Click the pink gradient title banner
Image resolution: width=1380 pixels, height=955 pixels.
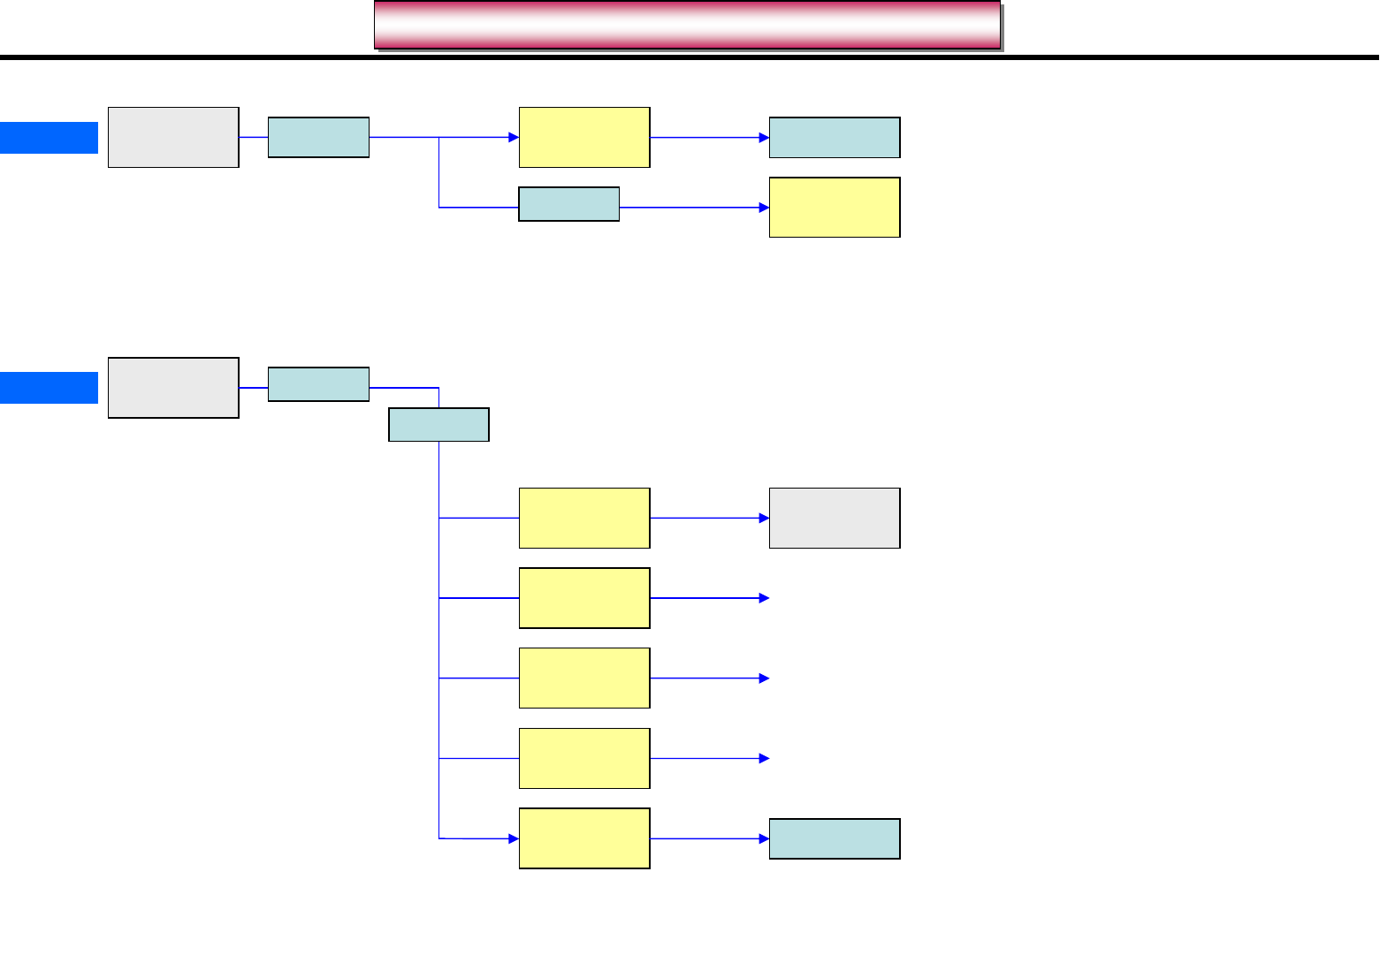[687, 25]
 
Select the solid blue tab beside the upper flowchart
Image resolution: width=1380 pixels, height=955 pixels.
[49, 138]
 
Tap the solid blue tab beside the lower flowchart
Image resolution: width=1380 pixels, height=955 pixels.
[49, 388]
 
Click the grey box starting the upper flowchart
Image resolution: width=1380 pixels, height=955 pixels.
[173, 138]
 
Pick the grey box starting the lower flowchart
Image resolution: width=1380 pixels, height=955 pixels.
[173, 388]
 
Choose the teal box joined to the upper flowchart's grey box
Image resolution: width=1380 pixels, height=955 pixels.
[318, 138]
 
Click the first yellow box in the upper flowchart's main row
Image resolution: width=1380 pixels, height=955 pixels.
[584, 138]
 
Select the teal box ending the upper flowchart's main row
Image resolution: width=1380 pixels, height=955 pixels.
[835, 138]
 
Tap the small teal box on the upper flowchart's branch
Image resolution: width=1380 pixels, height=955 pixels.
[568, 204]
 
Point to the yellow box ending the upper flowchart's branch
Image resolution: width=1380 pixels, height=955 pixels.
[835, 208]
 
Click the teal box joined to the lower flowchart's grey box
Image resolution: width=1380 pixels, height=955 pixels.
[318, 384]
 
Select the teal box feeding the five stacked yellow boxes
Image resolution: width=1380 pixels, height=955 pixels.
[438, 425]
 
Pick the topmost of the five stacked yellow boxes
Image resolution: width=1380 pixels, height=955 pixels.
[584, 519]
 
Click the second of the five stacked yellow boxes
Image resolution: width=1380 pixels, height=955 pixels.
[584, 598]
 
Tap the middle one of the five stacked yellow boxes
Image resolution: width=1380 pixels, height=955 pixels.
[584, 678]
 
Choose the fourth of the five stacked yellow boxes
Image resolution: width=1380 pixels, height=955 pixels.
[584, 759]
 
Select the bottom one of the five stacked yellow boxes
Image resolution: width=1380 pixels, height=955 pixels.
[584, 838]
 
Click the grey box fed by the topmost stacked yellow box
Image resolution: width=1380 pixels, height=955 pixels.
[835, 519]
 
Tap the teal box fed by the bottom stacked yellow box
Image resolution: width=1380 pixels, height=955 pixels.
[835, 838]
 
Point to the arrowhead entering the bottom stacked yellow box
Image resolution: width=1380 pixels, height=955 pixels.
[514, 838]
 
